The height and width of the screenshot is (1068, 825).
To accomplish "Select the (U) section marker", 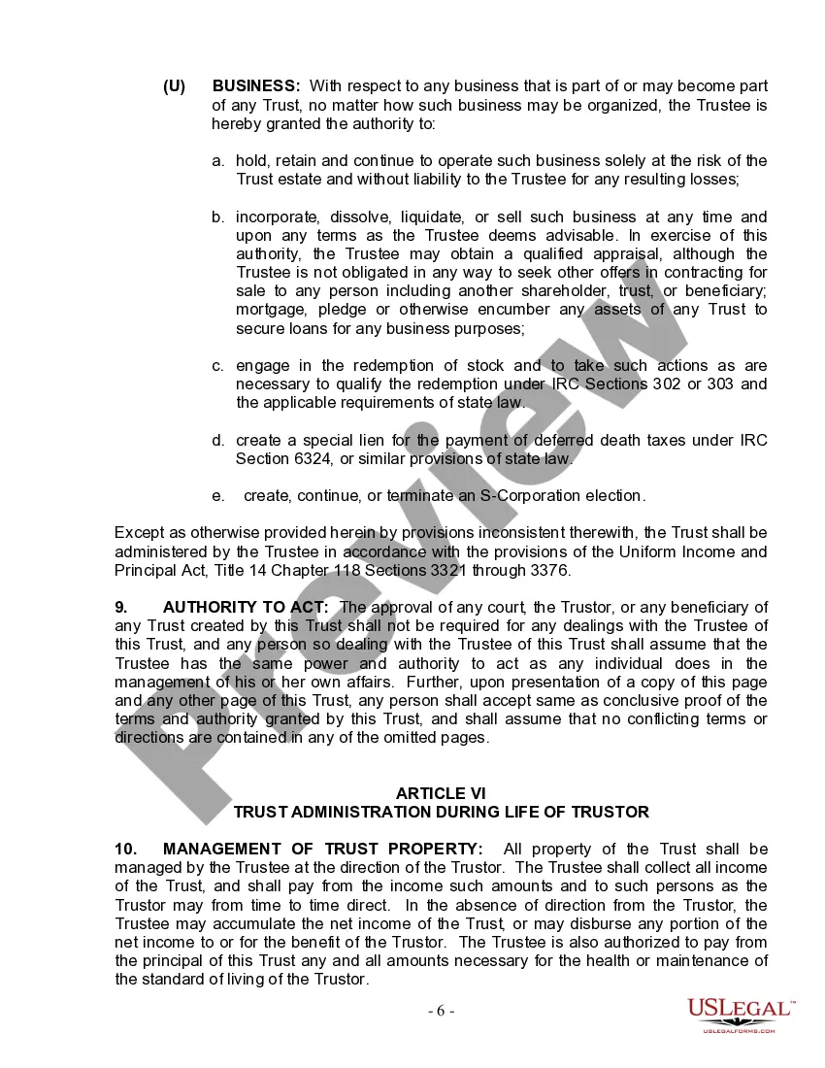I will pos(175,86).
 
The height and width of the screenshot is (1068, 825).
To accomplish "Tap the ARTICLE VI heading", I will pos(441,793).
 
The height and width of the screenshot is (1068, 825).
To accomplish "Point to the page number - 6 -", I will pos(441,1011).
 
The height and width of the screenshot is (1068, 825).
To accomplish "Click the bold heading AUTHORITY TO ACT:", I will pos(246,607).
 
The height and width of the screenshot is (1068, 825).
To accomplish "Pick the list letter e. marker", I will pos(218,495).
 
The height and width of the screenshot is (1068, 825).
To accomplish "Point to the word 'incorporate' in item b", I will pos(276,217).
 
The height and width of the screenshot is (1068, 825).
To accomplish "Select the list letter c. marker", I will pos(218,365).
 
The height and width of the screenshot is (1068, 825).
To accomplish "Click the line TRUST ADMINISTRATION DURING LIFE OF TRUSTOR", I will pos(441,812).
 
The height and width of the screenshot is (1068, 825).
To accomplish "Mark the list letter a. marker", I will pos(218,160).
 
